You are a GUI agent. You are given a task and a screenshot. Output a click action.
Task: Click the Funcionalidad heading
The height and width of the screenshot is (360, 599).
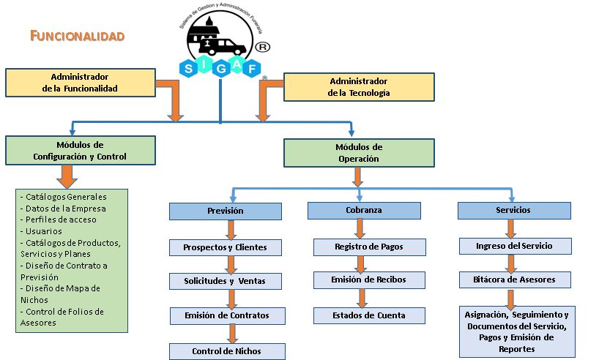tap(78, 36)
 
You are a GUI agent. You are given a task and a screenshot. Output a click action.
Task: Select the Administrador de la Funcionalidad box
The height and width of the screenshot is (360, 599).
tap(80, 83)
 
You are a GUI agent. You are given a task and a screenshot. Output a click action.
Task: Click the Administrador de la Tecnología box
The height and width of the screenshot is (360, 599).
tap(359, 87)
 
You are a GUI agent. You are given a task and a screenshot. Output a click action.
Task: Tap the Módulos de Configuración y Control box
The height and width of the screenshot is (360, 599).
tap(80, 151)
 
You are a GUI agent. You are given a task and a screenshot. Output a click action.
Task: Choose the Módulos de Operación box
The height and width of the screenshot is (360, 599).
tap(358, 153)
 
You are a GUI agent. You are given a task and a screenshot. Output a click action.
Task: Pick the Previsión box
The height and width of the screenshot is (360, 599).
tap(226, 211)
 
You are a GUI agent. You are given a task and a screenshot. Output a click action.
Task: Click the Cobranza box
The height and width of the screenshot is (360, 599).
tap(364, 210)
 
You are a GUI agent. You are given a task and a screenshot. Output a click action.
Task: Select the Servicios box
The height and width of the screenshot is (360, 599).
tap(513, 210)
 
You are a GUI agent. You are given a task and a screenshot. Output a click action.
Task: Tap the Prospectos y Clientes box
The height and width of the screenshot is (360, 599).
tap(226, 247)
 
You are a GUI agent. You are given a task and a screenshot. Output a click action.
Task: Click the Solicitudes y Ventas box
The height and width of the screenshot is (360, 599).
tap(226, 281)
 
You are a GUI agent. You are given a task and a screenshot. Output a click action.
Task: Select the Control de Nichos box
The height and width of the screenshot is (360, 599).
tap(226, 351)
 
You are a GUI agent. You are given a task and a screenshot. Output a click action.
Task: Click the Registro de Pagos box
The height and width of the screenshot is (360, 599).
tap(369, 247)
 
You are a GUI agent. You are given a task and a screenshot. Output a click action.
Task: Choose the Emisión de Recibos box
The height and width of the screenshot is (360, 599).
tap(369, 280)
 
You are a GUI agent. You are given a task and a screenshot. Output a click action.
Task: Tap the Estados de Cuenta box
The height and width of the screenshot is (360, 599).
tap(369, 315)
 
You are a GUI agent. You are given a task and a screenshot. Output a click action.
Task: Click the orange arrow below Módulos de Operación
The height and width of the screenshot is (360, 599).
tap(358, 177)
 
